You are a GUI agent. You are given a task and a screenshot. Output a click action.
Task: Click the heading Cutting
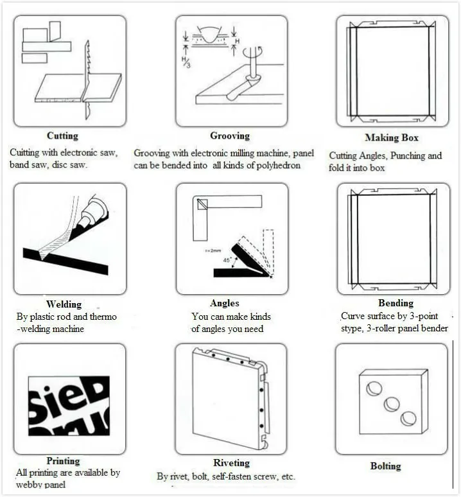coord(62,136)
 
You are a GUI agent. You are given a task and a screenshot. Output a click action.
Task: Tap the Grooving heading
coord(230,136)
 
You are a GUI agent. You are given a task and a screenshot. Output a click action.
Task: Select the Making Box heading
coord(391,137)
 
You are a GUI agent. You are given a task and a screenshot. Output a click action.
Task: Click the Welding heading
coord(64,304)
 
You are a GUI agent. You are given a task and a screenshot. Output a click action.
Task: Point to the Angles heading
coord(224,303)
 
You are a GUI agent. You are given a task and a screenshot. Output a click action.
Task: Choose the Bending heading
coord(396,303)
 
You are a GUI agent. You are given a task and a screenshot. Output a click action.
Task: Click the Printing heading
coord(63,461)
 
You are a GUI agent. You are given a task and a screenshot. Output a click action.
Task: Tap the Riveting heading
coord(232,463)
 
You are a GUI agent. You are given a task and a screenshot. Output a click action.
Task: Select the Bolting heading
coord(385,466)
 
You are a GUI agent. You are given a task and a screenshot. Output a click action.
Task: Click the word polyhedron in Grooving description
coord(278,165)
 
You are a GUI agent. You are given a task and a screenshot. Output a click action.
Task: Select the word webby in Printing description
coord(29,485)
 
